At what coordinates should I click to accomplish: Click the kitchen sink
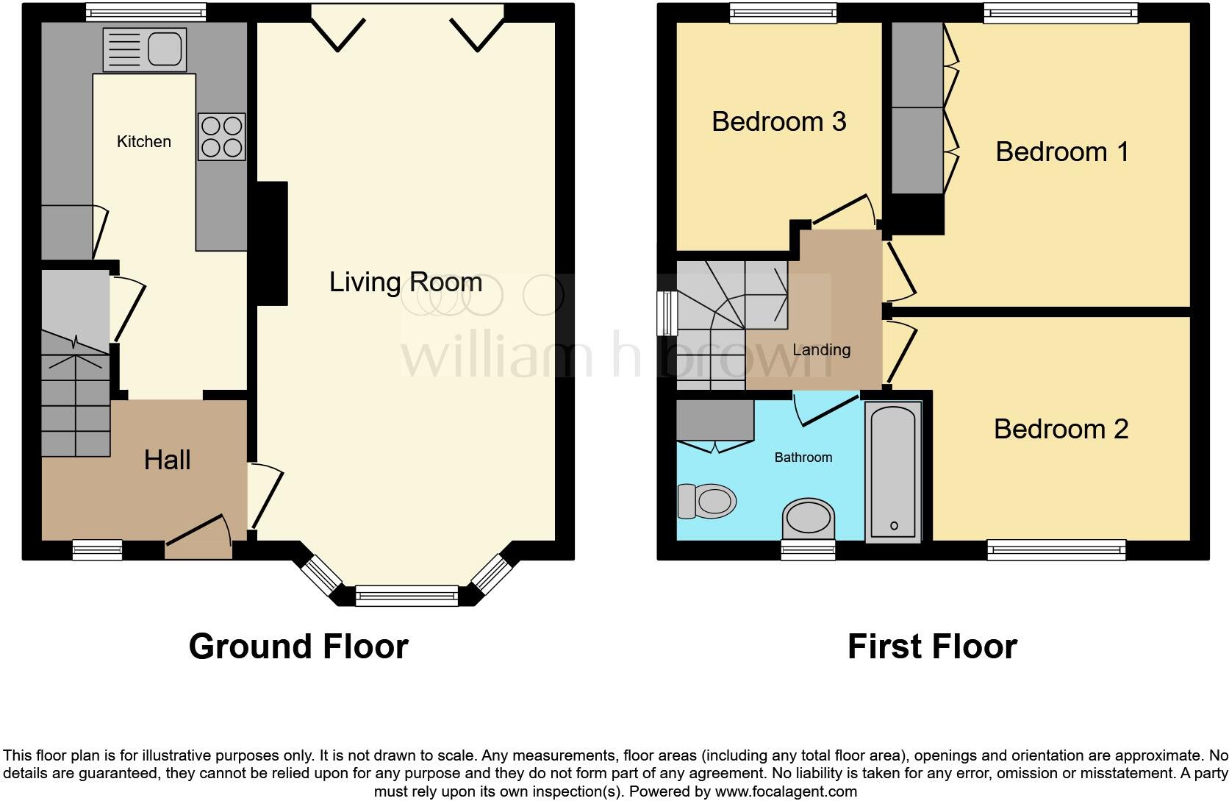tap(145, 50)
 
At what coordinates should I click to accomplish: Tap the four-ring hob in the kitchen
tap(221, 137)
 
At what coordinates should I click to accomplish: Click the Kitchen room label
tap(144, 141)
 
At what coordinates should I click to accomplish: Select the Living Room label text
tap(405, 282)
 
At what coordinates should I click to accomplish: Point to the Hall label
tap(167, 460)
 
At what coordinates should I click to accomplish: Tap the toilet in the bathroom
tap(706, 501)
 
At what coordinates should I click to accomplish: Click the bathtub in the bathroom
tap(893, 472)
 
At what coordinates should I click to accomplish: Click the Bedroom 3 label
tap(778, 121)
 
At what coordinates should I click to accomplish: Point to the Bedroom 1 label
tap(1061, 152)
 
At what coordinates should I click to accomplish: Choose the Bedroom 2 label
tap(1060, 429)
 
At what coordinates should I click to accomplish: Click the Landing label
tap(821, 350)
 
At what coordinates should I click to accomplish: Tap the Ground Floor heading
tap(298, 647)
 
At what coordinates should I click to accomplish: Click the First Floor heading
tap(932, 647)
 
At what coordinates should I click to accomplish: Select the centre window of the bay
tap(406, 594)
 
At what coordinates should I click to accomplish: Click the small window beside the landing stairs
tap(667, 313)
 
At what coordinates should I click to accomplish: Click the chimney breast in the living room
tap(270, 243)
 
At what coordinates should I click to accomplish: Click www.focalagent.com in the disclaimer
tap(786, 792)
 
